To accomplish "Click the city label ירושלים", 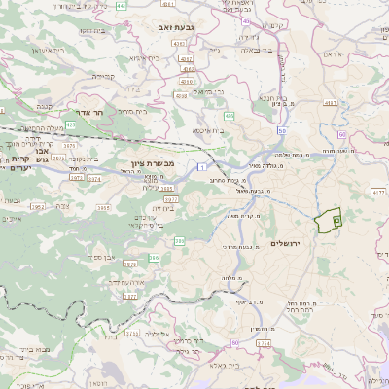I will click(x=287, y=243).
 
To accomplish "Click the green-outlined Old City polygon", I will click(x=330, y=221).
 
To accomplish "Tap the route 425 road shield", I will click(x=71, y=124).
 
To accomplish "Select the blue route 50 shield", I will click(x=281, y=129).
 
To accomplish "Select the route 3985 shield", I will click(x=167, y=188).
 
